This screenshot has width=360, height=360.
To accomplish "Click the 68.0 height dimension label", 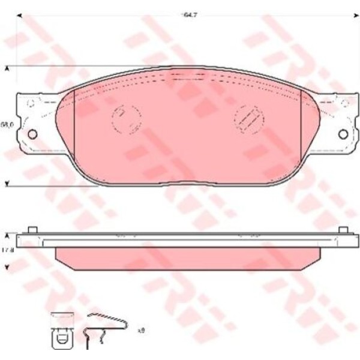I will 7,124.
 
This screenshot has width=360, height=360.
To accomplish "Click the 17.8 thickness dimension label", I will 7,251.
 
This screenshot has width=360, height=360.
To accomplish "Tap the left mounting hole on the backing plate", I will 32,133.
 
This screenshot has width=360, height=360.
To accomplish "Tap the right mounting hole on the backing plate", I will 343,133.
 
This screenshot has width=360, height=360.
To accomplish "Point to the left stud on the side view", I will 33,230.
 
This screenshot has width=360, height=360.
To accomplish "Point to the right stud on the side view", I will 343,230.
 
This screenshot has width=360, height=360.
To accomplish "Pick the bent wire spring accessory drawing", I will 105,331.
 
